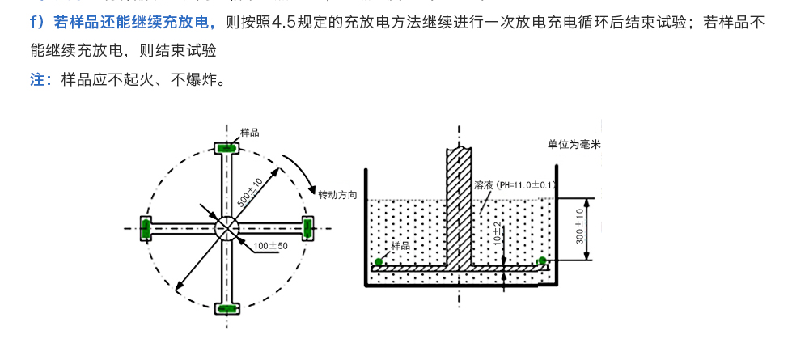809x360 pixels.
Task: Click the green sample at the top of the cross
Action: pos(227,148)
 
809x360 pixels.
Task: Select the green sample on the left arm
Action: pos(146,228)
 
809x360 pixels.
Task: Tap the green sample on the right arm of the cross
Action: pos(308,228)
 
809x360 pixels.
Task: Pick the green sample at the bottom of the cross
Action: pos(227,308)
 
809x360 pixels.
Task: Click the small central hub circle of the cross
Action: pos(227,228)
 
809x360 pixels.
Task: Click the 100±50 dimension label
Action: pos(271,245)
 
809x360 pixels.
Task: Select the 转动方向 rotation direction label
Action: pos(337,195)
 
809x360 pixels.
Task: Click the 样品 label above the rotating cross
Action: pos(250,131)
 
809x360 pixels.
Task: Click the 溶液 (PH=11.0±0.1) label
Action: pos(515,184)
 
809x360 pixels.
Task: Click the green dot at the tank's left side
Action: pos(378,260)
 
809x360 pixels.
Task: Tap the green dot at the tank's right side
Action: pos(542,260)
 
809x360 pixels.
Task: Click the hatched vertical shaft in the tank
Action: pos(460,202)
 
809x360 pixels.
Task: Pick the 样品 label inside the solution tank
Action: pos(400,245)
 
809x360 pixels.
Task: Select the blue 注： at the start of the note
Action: pos(42,79)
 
